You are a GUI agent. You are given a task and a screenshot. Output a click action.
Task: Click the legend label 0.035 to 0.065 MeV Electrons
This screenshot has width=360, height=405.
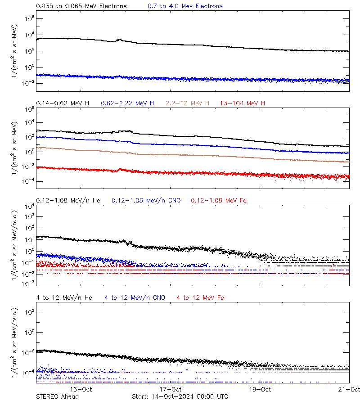(81, 6)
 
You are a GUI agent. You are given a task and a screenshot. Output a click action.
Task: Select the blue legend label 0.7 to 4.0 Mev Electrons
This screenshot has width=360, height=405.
(185, 6)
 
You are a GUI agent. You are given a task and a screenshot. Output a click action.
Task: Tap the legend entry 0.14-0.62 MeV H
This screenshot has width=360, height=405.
(63, 103)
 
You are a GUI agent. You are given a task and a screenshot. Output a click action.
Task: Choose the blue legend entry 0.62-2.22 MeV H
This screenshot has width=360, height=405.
(127, 103)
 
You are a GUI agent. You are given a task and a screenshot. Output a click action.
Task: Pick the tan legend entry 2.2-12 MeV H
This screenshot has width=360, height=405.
(188, 103)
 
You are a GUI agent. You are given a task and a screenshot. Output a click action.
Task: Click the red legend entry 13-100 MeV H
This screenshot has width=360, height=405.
(243, 103)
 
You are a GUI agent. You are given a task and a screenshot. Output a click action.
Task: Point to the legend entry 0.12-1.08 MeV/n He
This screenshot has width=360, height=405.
(68, 200)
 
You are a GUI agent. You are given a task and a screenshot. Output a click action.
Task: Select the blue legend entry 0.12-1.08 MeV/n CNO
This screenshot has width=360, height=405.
(146, 200)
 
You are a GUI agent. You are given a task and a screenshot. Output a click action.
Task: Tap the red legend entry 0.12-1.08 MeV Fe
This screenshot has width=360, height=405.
(219, 200)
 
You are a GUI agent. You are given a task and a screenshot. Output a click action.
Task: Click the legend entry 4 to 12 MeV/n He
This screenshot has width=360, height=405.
(64, 297)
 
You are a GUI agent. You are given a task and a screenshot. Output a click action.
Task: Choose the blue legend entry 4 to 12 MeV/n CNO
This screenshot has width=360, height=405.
(135, 297)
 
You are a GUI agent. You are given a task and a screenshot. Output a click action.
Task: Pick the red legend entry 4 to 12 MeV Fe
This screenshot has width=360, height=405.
(200, 297)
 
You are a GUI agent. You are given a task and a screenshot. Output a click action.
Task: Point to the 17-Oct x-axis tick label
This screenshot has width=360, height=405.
(171, 389)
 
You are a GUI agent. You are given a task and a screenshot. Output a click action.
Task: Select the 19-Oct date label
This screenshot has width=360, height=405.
(260, 389)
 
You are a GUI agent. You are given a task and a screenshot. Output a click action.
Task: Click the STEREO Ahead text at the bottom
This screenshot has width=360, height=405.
(57, 396)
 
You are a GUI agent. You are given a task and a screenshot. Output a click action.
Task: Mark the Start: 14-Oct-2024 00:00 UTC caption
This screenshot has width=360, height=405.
(180, 396)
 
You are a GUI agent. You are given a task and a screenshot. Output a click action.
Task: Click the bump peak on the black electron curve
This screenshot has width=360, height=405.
(119, 40)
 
